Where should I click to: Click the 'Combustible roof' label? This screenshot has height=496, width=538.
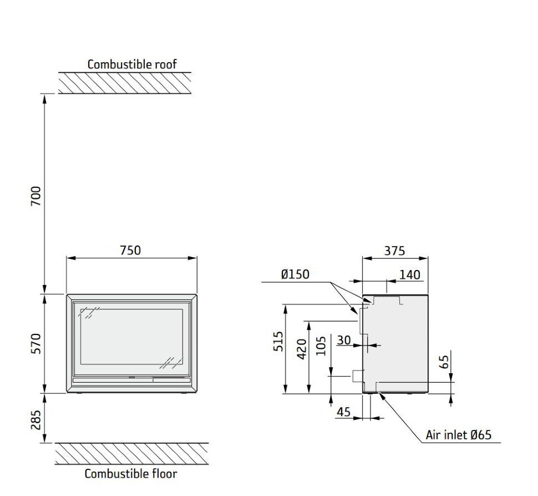(132, 64)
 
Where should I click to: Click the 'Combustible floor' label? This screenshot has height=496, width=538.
(131, 474)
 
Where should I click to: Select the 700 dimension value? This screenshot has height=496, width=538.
(36, 196)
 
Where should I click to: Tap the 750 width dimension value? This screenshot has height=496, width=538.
(130, 250)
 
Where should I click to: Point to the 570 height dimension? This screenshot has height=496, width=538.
(36, 344)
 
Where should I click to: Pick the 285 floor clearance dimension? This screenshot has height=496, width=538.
(36, 420)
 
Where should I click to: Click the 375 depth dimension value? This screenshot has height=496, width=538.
(394, 250)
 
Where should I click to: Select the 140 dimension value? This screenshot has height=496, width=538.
(409, 274)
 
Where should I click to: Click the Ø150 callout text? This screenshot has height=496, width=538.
(295, 274)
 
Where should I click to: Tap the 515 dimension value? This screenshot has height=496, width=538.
(279, 342)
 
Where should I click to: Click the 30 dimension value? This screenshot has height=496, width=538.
(344, 340)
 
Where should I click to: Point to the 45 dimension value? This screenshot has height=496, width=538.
(344, 412)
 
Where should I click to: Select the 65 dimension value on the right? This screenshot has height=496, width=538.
(444, 362)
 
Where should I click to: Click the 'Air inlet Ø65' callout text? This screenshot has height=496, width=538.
(458, 434)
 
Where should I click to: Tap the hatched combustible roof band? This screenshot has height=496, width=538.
(125, 83)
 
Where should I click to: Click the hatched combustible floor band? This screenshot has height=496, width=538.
(131, 454)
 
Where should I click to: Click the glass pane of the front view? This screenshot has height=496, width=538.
(131, 338)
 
